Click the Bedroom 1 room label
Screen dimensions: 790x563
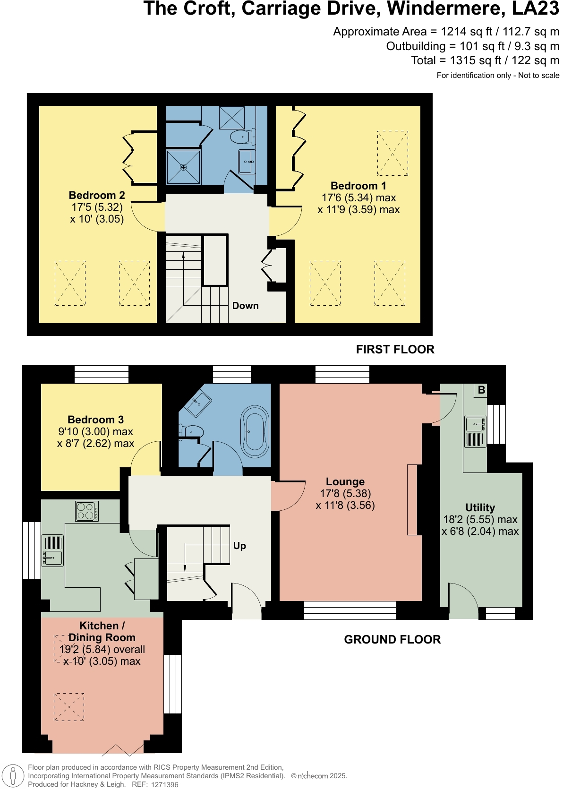pyautogui.click(x=358, y=186)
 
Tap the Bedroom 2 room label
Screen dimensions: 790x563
pyautogui.click(x=97, y=196)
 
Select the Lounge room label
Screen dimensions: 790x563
pyautogui.click(x=345, y=482)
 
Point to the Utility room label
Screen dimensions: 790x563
pyautogui.click(x=480, y=508)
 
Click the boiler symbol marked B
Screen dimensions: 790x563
pyautogui.click(x=481, y=390)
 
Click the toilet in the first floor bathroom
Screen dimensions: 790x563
pyautogui.click(x=240, y=137)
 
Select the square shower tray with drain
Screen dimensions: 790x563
pyautogui.click(x=183, y=167)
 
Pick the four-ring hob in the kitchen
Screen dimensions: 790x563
pyautogui.click(x=87, y=511)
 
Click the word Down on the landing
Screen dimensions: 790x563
pyautogui.click(x=245, y=306)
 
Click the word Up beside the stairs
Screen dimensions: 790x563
pyautogui.click(x=239, y=546)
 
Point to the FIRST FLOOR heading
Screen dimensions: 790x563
pyautogui.click(x=395, y=350)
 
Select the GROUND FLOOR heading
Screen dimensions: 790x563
pyautogui.click(x=392, y=640)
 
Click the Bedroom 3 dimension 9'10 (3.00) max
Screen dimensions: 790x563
pyautogui.click(x=95, y=432)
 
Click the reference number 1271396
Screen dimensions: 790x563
pyautogui.click(x=164, y=785)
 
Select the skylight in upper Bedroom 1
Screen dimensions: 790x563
pyautogui.click(x=392, y=153)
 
